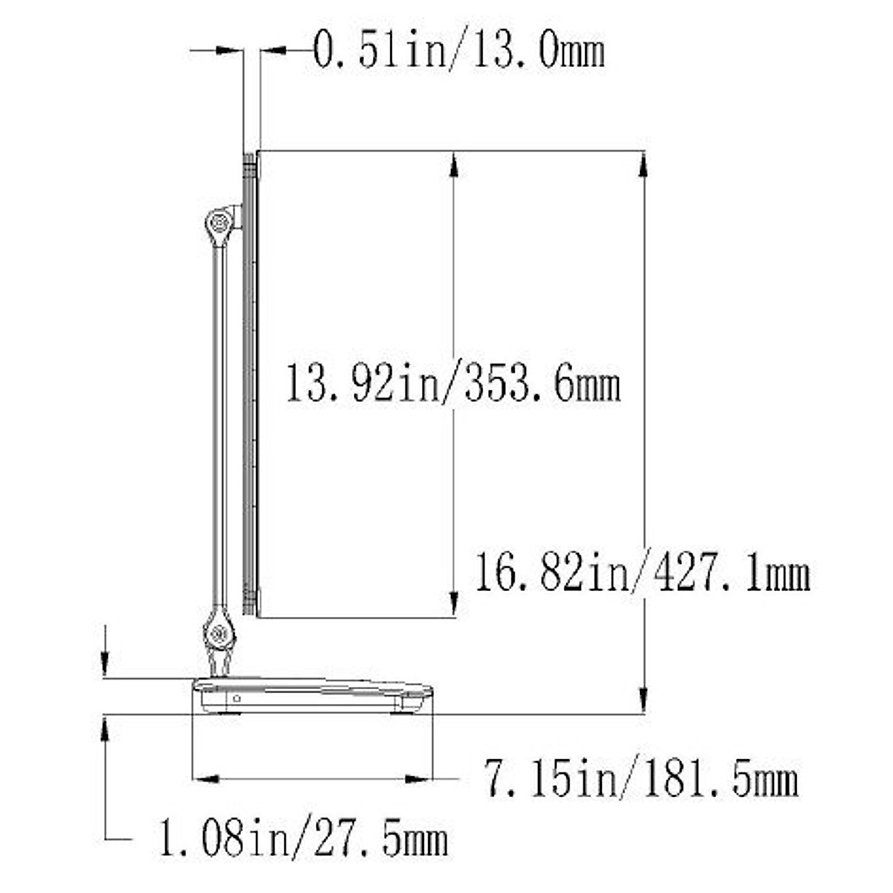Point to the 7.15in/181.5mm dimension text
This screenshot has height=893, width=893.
click(641, 778)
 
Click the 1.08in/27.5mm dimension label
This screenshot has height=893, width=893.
click(304, 839)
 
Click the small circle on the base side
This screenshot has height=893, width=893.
click(236, 699)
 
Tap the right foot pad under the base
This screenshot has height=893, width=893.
click(403, 712)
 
